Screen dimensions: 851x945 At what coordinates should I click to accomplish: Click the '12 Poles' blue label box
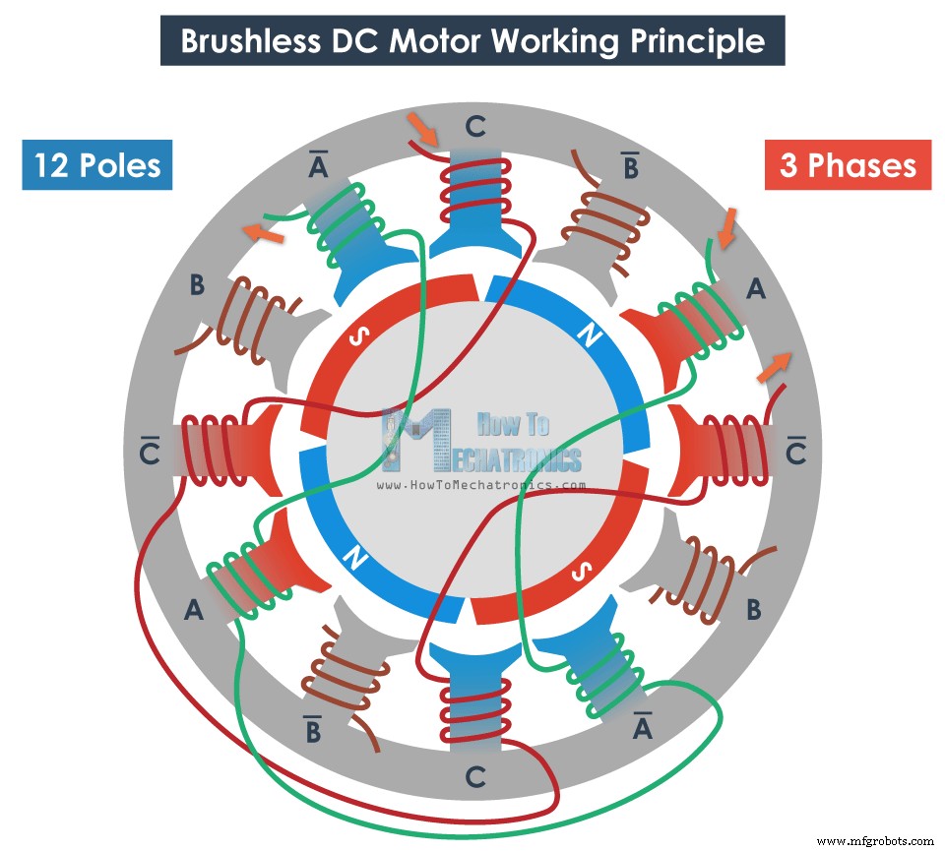96,164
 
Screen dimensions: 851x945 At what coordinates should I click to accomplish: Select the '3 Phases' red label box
848,164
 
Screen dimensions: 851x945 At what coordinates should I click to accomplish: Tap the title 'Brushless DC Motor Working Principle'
472,41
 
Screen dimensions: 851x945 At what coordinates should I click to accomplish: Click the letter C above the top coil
475,126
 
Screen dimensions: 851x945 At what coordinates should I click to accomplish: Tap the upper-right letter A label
756,288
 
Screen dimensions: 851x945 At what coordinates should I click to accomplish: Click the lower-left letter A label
194,611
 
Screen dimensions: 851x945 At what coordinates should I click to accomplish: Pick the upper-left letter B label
197,286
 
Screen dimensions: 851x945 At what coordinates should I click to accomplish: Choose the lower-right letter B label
754,610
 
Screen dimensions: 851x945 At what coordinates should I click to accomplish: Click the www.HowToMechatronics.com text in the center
481,485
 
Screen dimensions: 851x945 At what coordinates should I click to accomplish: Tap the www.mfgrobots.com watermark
875,841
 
